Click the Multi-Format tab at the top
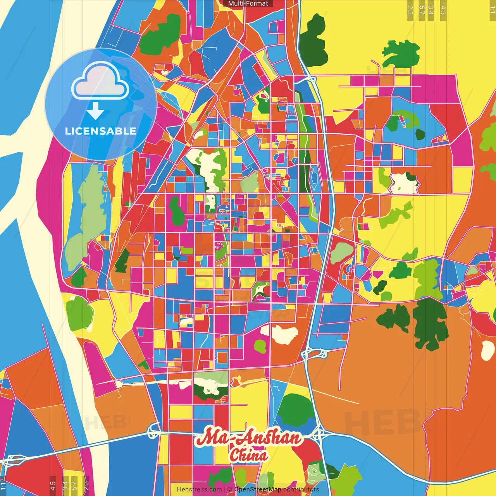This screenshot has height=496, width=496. click(x=248, y=3)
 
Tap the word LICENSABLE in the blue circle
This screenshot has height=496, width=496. click(x=101, y=131)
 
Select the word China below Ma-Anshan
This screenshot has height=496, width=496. click(x=248, y=455)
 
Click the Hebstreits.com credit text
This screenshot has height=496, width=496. click(x=199, y=489)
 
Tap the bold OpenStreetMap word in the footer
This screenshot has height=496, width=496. click(x=257, y=489)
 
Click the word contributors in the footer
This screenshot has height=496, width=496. click(x=301, y=489)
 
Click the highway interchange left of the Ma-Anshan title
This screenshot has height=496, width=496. click(x=154, y=431)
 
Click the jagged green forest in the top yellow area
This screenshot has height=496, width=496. click(x=401, y=54)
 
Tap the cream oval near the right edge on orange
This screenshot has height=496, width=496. click(x=487, y=351)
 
